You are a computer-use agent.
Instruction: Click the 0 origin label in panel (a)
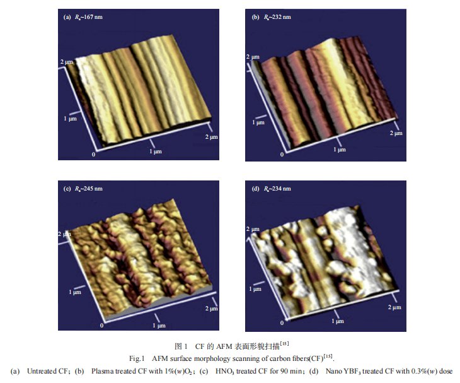pyautogui.click(x=94, y=154)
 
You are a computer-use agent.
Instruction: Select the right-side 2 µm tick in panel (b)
pyautogui.click(x=395, y=133)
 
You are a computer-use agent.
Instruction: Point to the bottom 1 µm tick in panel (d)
pyautogui.click(x=337, y=321)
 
